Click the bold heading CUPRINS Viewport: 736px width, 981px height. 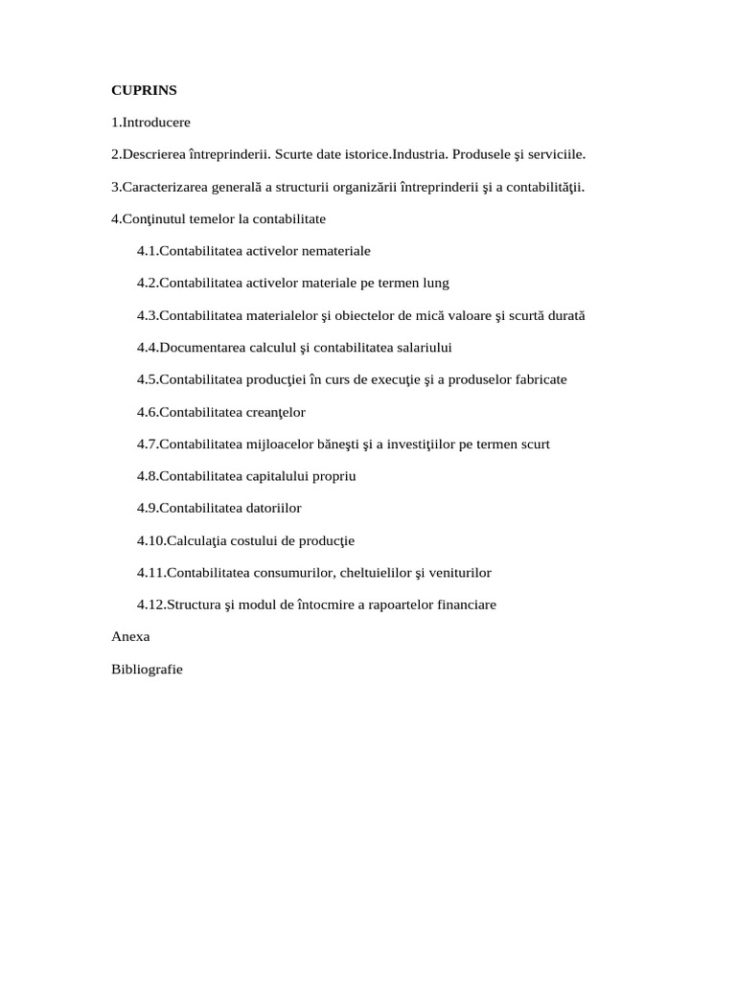144,90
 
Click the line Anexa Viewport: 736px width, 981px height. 130,636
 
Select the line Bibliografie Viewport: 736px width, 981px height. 147,670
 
